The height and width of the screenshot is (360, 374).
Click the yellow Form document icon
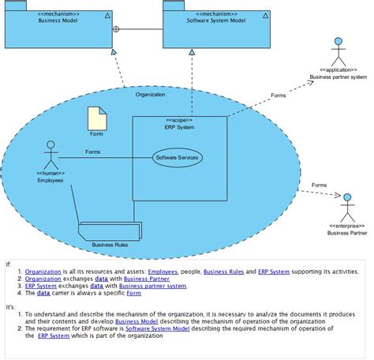click(96, 119)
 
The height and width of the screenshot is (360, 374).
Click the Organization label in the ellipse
click(150, 94)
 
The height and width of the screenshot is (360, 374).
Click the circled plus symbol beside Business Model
click(117, 29)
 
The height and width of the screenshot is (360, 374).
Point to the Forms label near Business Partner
click(319, 185)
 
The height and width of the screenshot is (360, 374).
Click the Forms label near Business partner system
click(279, 96)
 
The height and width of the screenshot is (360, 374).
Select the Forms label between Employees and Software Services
click(92, 152)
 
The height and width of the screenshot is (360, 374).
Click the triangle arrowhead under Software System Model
click(193, 51)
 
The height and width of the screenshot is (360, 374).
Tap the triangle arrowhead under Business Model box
click(114, 52)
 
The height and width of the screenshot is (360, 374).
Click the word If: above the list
click(9, 264)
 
